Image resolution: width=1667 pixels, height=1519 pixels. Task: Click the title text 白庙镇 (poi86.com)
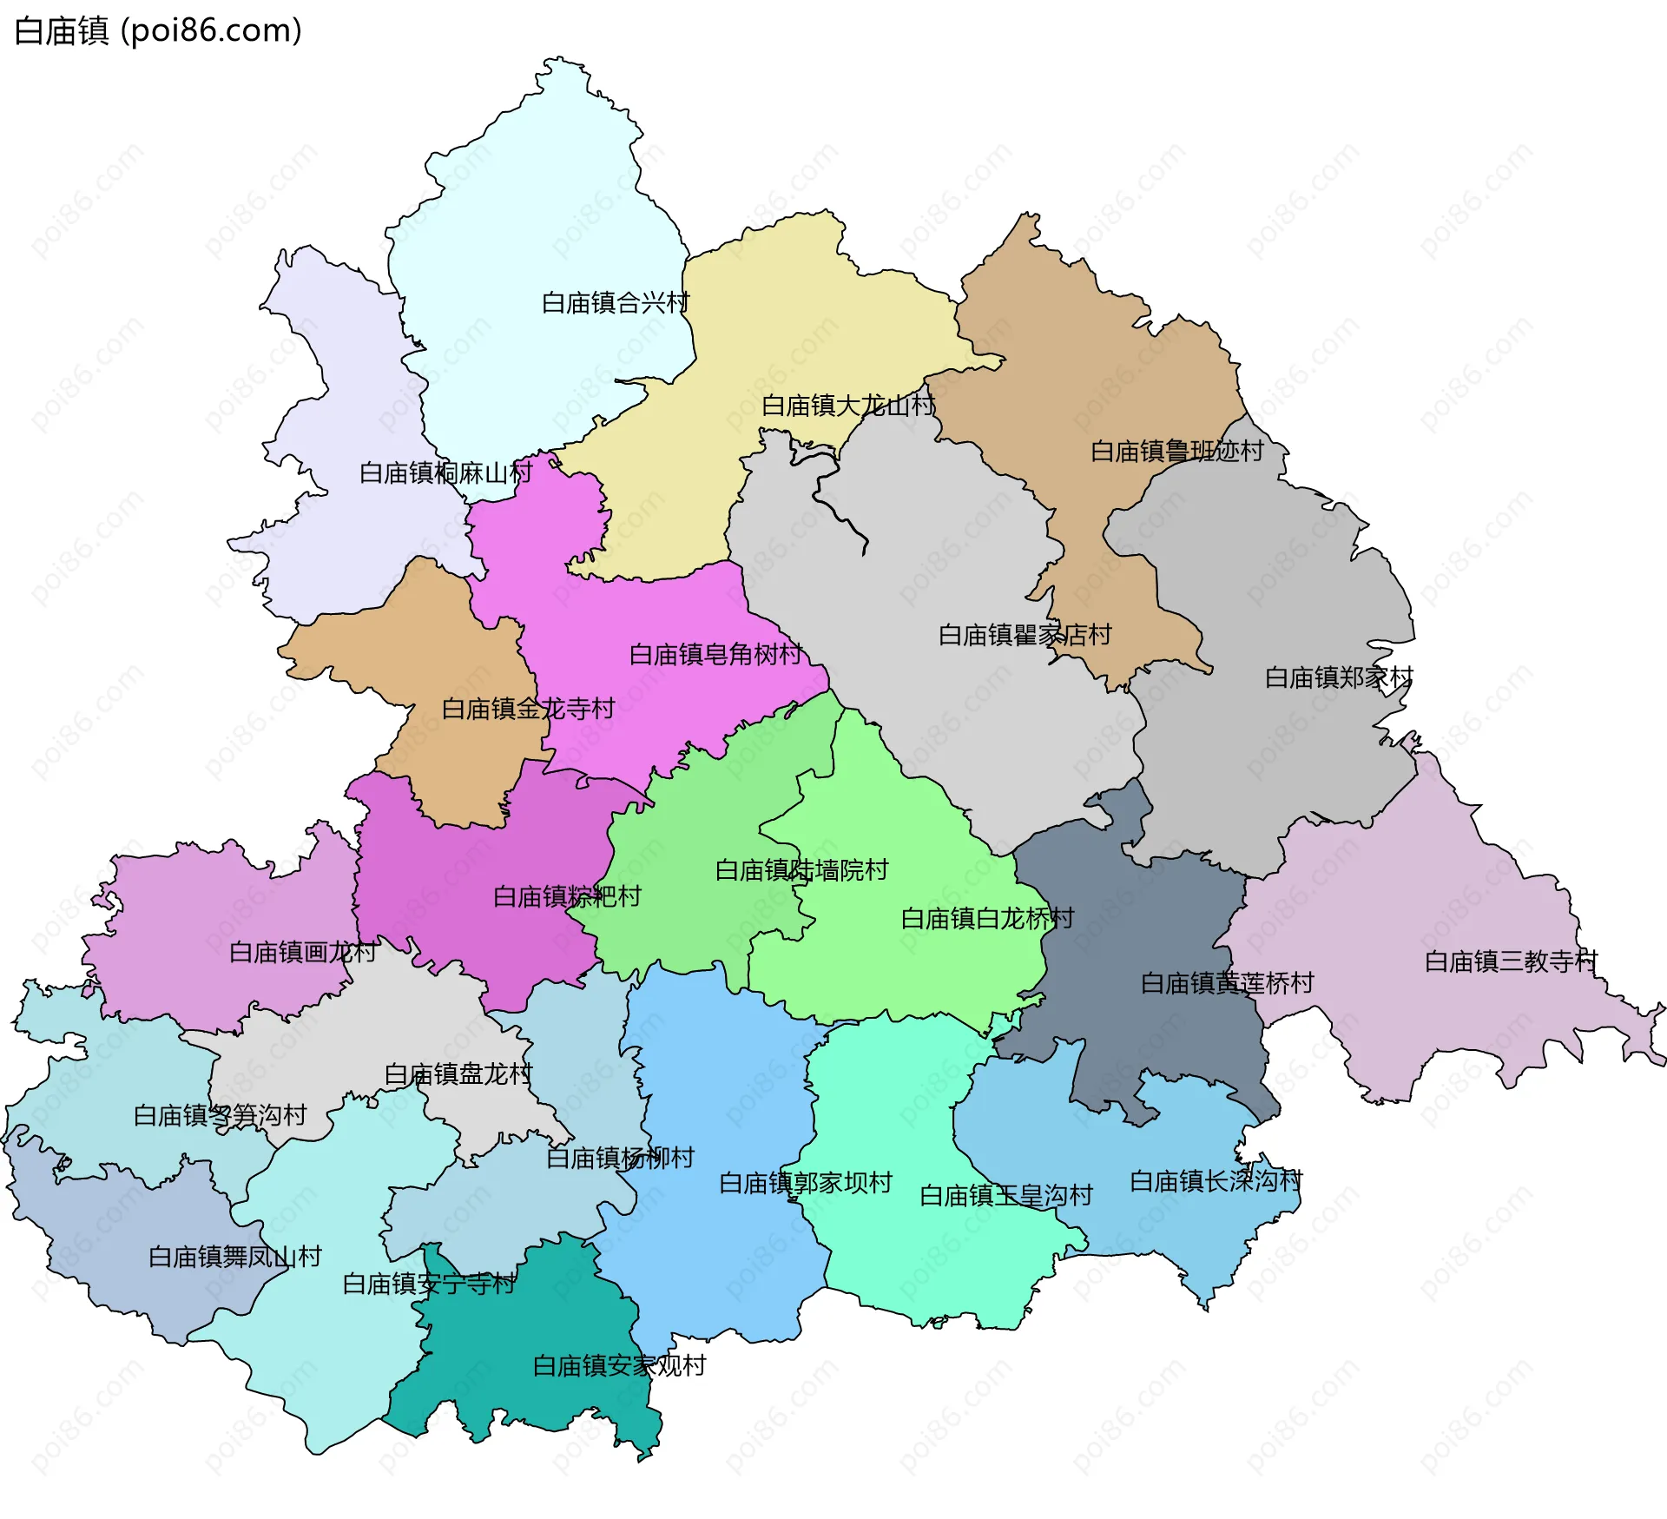pyautogui.click(x=158, y=31)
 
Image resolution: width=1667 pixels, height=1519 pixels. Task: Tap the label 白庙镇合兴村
pyautogui.click(x=615, y=303)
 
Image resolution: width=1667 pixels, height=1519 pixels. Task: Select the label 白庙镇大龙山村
pyautogui.click(x=847, y=406)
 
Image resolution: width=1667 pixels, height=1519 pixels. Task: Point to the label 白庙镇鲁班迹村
pyautogui.click(x=1176, y=452)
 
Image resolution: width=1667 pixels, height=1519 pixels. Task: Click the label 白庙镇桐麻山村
pyautogui.click(x=445, y=473)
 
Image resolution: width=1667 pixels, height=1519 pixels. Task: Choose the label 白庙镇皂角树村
pyautogui.click(x=715, y=655)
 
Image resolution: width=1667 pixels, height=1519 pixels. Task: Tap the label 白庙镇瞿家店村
pyautogui.click(x=1025, y=635)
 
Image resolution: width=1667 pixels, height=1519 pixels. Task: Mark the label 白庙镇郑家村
pyautogui.click(x=1338, y=677)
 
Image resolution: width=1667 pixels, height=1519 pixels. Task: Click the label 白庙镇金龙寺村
pyautogui.click(x=528, y=709)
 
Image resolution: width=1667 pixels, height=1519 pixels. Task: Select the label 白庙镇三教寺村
pyautogui.click(x=1511, y=961)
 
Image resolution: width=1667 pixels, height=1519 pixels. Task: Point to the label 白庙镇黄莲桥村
pyautogui.click(x=1227, y=983)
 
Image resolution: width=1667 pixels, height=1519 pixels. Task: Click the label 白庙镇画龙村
pyautogui.click(x=302, y=952)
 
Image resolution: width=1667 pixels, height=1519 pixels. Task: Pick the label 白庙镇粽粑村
pyautogui.click(x=566, y=896)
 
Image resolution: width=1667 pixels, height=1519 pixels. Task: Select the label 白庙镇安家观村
pyautogui.click(x=618, y=1366)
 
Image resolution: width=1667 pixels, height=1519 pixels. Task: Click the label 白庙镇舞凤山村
pyautogui.click(x=234, y=1257)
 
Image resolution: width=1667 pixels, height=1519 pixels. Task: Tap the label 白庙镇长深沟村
pyautogui.click(x=1216, y=1181)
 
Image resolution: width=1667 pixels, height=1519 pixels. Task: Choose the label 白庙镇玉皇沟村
pyautogui.click(x=1005, y=1196)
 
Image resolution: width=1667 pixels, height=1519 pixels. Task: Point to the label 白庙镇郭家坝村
pyautogui.click(x=805, y=1183)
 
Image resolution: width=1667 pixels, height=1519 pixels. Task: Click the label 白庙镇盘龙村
pyautogui.click(x=458, y=1074)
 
